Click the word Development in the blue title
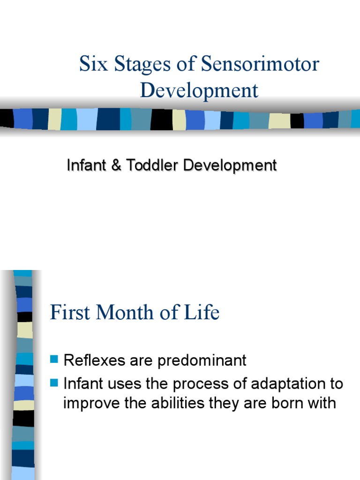coord(199,90)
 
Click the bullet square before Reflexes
coord(54,360)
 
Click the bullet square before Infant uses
coord(54,384)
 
